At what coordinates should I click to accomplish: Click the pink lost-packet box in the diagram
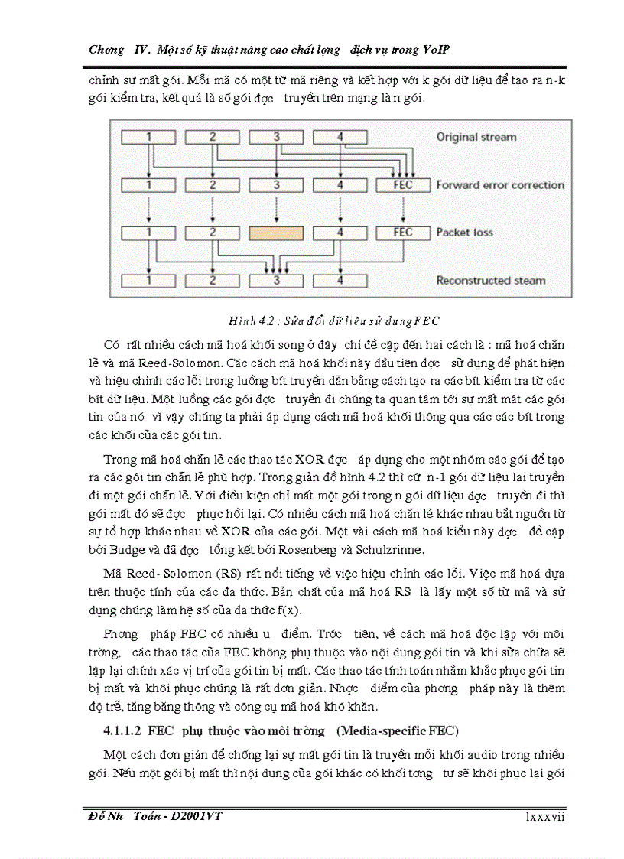pos(276,233)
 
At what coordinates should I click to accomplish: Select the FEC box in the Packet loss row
pos(402,233)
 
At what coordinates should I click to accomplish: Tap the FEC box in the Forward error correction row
pos(402,185)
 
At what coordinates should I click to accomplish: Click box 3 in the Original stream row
pos(276,138)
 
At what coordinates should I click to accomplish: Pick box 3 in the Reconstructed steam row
pos(276,281)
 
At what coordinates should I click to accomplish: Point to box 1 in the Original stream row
pos(150,138)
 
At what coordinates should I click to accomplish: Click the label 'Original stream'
pos(476,138)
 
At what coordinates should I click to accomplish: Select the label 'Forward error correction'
pos(500,185)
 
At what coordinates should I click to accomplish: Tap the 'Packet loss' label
pos(464,233)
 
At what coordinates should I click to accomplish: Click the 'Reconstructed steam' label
pos(491,281)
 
